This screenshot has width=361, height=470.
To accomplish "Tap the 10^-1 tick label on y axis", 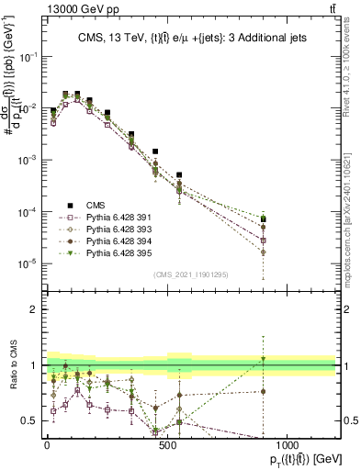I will (27, 56).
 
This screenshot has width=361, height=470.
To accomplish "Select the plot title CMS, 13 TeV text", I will (189, 38).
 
